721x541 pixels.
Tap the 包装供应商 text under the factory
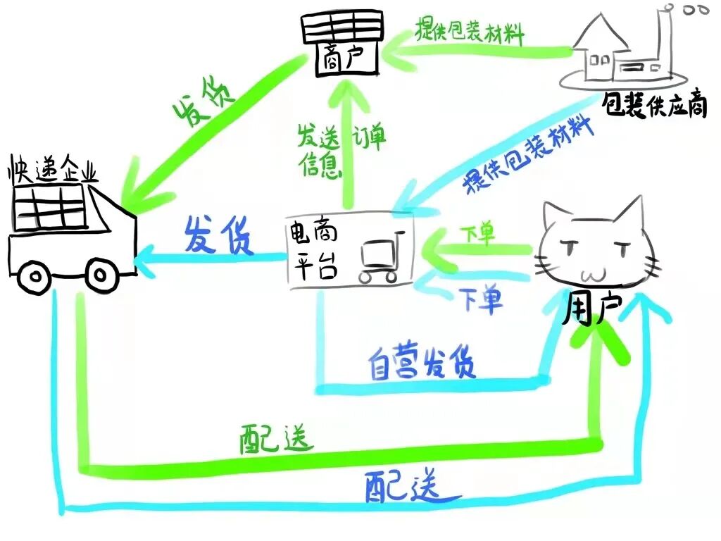click(x=654, y=105)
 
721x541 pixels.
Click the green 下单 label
click(x=478, y=233)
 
